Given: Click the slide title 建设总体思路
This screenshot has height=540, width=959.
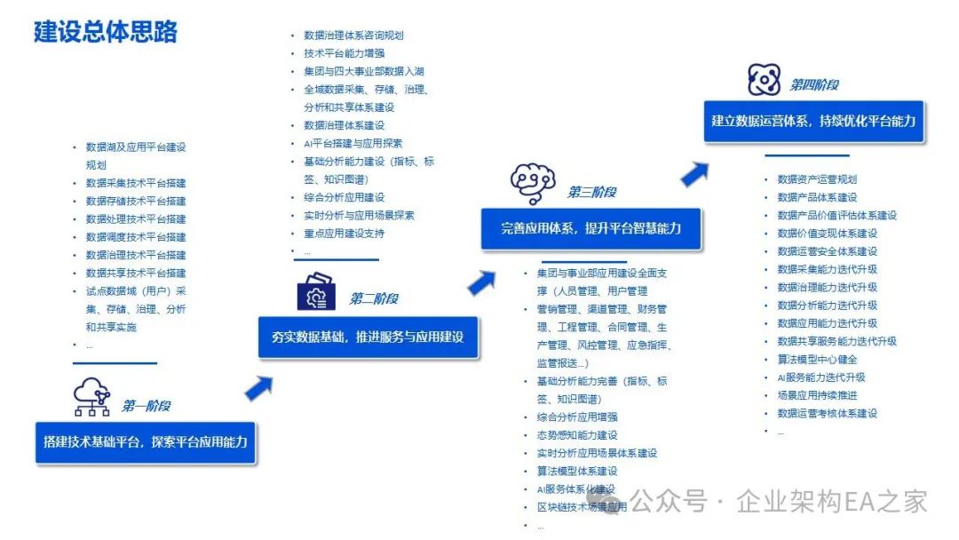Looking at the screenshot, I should point(106,31).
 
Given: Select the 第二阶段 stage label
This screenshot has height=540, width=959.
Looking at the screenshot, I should point(373,298).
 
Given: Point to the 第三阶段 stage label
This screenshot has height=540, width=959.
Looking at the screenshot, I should point(591,192).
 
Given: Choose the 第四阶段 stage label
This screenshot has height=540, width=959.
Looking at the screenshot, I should point(814,85).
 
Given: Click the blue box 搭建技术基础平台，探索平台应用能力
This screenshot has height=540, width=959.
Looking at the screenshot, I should point(146,441).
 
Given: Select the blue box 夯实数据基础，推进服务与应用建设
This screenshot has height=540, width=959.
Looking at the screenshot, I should point(368,337).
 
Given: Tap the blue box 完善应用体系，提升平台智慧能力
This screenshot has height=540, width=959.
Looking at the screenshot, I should point(590,228).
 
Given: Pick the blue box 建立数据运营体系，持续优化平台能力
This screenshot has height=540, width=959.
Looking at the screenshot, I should point(812,121).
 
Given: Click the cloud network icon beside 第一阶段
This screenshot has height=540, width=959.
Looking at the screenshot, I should point(92,398).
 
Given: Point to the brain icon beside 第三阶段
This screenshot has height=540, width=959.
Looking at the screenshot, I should point(533,183).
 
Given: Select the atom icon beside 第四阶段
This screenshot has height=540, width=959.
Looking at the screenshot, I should point(764,80).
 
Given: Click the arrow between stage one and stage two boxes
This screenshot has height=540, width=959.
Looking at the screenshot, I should point(258,387).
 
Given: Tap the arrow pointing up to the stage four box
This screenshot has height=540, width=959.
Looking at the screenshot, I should point(694,173).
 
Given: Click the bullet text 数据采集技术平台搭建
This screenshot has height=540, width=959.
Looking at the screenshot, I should point(136,183).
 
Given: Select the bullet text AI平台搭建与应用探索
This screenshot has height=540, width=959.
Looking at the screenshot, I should point(353,143).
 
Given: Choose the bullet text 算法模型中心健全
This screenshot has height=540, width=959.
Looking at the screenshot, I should point(817,359).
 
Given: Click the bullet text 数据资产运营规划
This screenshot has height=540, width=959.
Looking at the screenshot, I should point(817,179).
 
